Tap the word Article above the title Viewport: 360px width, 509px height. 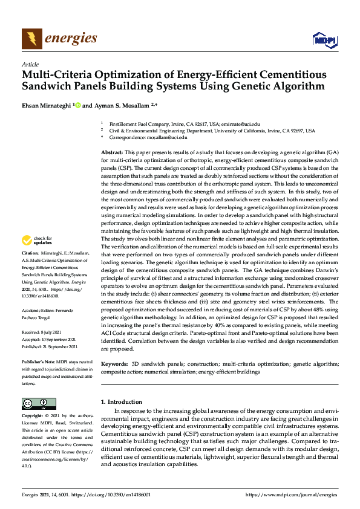point(30,64)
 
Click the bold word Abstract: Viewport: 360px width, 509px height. point(112,152)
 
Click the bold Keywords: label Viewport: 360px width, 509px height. point(114,365)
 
